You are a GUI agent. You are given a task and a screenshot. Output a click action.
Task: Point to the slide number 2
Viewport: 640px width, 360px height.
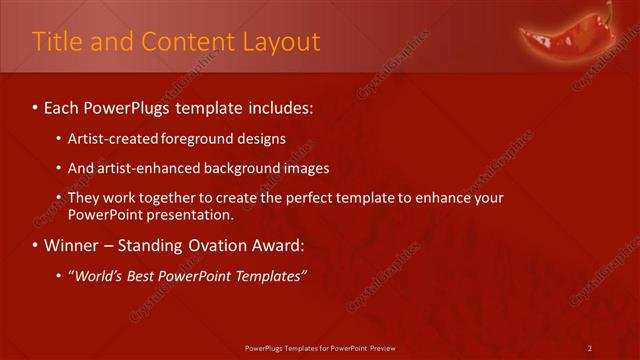click(590, 348)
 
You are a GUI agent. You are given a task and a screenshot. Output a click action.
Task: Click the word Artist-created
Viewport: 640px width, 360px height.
click(111, 139)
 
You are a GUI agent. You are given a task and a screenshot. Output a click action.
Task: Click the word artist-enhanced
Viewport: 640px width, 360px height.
click(147, 168)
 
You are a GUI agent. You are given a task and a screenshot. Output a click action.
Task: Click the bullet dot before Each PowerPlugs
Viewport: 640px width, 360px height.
click(36, 106)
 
